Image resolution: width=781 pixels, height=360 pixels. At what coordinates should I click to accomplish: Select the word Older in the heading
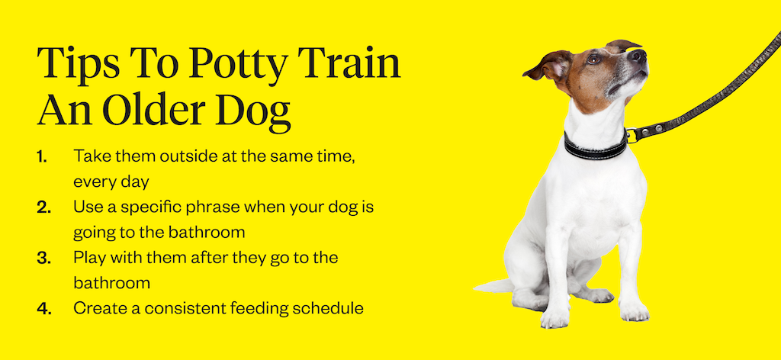coord(156,112)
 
